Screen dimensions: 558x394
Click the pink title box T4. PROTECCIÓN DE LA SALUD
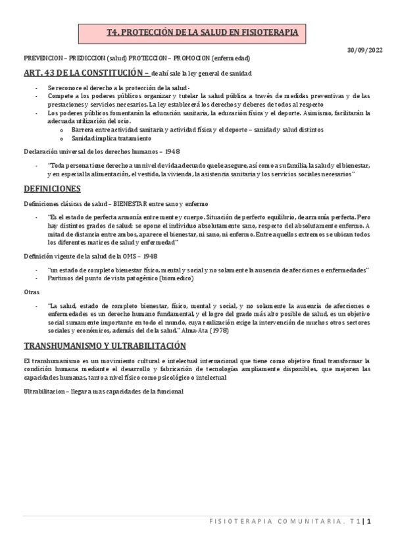tap(197, 32)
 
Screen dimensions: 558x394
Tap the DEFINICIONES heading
tap(52, 189)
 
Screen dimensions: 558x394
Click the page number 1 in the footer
tap(370, 522)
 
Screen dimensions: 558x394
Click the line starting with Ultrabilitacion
tap(103, 392)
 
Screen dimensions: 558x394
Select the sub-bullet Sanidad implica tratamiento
tap(111, 138)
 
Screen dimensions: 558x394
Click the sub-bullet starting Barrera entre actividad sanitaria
tap(197, 130)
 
